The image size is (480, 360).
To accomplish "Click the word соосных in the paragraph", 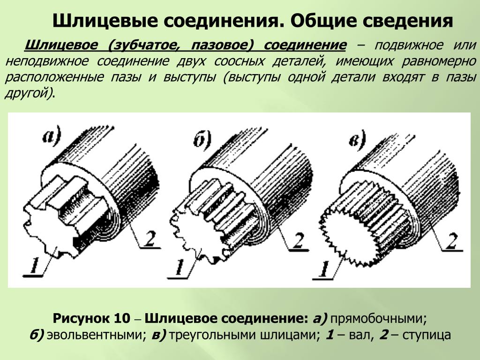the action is (x=239, y=61).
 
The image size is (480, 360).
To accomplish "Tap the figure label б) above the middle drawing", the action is (x=202, y=140).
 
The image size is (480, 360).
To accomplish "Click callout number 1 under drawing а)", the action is (x=35, y=265).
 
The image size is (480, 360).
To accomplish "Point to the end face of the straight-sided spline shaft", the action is (x=51, y=232).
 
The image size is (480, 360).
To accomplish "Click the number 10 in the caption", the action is (x=122, y=318).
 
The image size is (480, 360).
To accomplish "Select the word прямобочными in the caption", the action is (x=379, y=319).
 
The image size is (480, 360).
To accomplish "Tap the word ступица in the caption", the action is (x=427, y=335).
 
